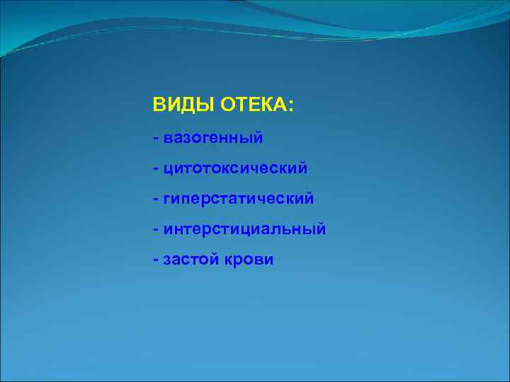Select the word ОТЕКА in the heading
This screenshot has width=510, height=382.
click(254, 105)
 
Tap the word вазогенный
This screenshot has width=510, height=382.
click(213, 137)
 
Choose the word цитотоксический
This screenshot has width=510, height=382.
click(235, 168)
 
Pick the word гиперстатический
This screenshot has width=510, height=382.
click(238, 199)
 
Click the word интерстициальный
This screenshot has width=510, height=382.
click(244, 230)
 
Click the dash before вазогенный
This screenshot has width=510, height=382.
click(155, 137)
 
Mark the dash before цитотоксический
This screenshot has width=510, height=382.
click(155, 168)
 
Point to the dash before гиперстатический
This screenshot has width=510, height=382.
click(155, 199)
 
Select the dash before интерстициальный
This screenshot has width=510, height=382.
click(155, 230)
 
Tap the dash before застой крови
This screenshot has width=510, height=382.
click(155, 260)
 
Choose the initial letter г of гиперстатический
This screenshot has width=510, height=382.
click(167, 199)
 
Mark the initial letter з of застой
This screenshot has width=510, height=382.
click(167, 260)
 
